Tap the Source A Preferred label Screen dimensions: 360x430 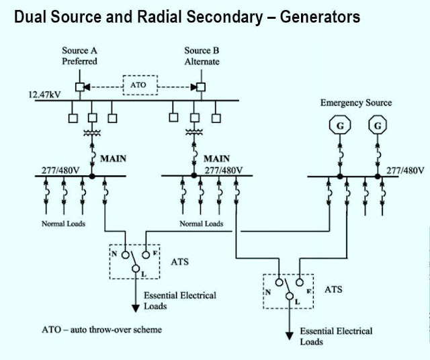click(79, 56)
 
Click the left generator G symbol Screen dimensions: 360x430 click(340, 126)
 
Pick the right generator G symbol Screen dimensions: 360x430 click(378, 126)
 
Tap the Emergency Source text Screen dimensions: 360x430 click(355, 103)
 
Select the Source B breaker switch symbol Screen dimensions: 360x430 click(200, 87)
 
